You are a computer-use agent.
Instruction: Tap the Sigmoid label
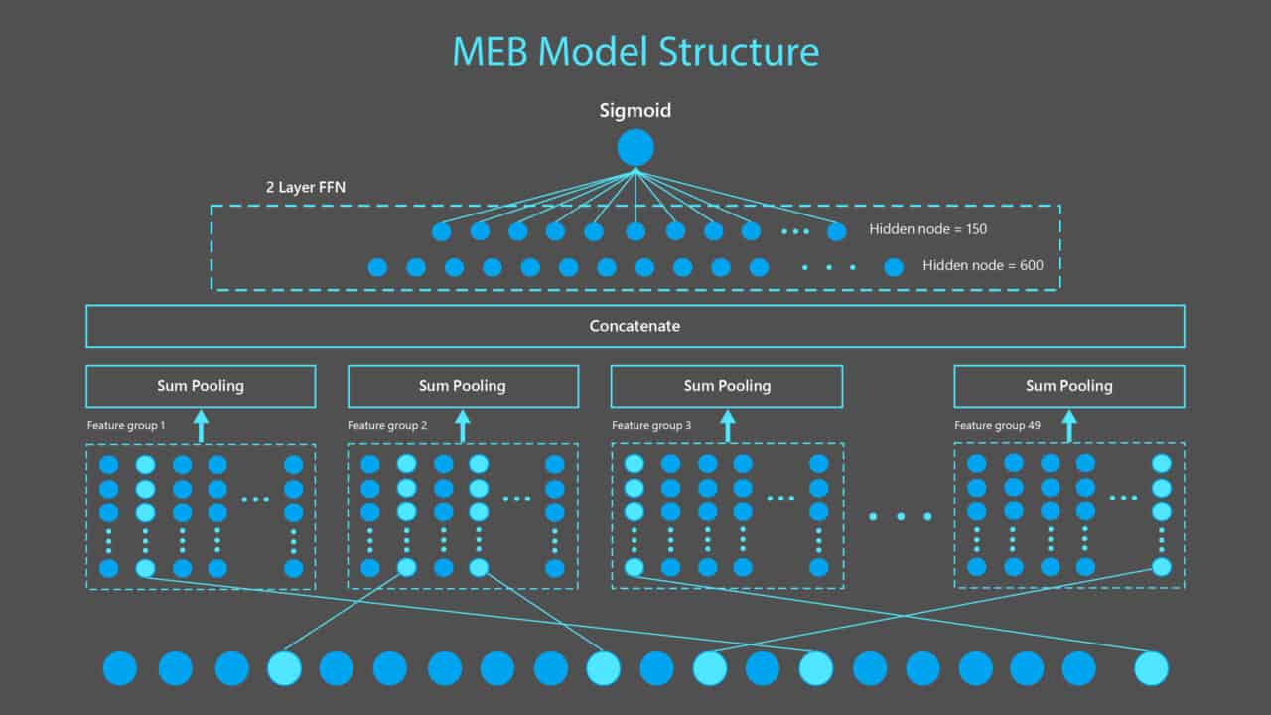pos(635,110)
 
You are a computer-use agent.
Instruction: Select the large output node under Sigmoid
pos(635,148)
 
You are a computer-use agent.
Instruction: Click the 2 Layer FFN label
pos(306,187)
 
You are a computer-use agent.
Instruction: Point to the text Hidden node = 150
pos(927,229)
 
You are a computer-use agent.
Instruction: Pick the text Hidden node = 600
pos(983,265)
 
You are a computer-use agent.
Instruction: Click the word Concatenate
pos(635,326)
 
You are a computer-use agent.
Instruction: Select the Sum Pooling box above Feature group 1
pos(201,386)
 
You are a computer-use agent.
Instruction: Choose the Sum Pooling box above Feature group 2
pos(463,386)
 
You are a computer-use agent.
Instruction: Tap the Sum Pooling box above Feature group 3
pos(727,386)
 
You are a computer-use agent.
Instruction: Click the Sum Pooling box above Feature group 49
pos(1069,386)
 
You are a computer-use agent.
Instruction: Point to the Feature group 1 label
pos(126,425)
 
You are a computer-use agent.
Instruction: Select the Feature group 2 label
pos(387,425)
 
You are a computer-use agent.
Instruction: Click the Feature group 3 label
pos(651,425)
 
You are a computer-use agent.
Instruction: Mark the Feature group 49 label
pos(998,425)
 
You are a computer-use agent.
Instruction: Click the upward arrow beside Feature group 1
pos(201,427)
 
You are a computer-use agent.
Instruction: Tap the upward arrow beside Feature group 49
pos(1069,427)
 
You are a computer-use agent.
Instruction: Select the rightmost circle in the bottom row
pos(1152,668)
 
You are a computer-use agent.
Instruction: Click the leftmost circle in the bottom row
pos(120,668)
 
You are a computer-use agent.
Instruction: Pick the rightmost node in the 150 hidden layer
pos(837,231)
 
